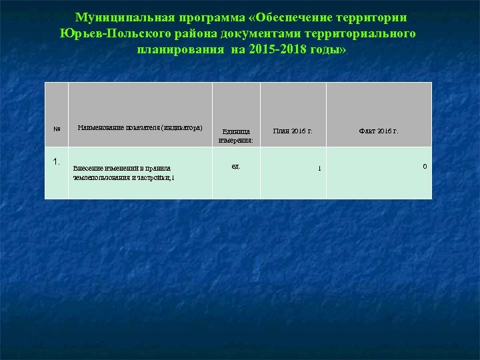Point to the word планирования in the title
(x=179, y=50)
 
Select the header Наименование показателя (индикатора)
(x=140, y=127)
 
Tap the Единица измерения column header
(x=236, y=136)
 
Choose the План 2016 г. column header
(x=293, y=131)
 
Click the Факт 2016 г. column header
(x=379, y=131)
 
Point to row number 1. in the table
(x=57, y=161)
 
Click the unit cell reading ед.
(x=236, y=165)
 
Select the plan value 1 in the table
(x=319, y=168)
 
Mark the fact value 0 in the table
(x=425, y=166)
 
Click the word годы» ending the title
(x=328, y=50)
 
